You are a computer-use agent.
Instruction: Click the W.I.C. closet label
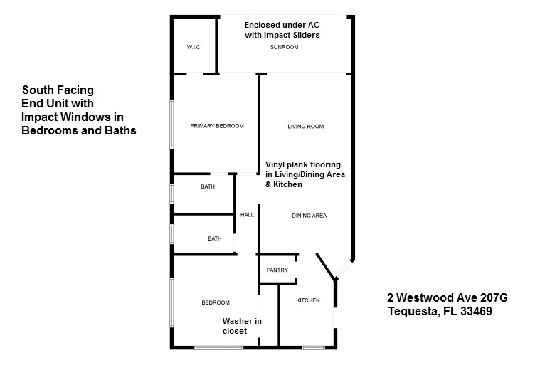point(195,47)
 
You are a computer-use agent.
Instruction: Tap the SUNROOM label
point(284,47)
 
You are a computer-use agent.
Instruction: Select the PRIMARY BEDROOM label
point(217,126)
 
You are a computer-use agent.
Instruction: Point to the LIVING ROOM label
point(305,127)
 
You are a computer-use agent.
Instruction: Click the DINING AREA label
point(309,215)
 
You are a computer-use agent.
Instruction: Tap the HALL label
point(247,214)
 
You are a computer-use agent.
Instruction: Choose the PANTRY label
point(277,270)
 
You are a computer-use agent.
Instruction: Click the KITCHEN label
point(307,300)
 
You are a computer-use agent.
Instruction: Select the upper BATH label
point(208,186)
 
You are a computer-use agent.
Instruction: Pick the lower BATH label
point(215,238)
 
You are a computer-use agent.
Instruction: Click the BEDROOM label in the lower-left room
point(215,302)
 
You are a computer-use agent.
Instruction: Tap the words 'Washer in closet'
point(241,326)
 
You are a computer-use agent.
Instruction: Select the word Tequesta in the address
point(412,311)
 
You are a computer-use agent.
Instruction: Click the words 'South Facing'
point(58,90)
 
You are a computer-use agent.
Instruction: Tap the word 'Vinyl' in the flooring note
point(277,164)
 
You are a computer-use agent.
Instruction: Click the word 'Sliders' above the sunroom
point(302,34)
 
